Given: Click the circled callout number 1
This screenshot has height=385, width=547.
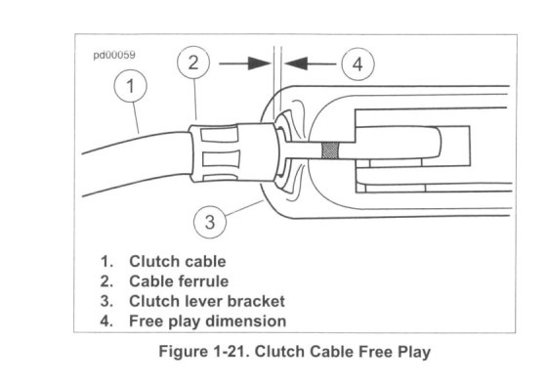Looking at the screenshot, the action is click(x=131, y=86).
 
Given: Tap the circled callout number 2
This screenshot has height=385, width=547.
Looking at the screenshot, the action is click(x=193, y=63).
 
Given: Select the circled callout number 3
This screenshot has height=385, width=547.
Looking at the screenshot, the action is click(x=210, y=222).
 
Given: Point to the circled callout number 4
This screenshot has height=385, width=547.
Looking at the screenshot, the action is click(x=358, y=64).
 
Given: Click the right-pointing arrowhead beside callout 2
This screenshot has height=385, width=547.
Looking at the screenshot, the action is click(x=260, y=64).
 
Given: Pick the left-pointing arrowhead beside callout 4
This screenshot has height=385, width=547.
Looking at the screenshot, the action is click(x=296, y=64).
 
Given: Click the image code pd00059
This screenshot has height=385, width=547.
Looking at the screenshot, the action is click(x=114, y=55).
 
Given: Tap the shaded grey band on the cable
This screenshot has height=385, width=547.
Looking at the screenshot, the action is click(x=330, y=150).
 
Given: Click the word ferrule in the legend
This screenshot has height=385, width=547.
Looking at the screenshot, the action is click(x=204, y=281).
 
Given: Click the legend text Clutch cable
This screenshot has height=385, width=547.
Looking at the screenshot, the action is click(x=178, y=262).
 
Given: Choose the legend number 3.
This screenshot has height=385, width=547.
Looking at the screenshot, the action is click(x=106, y=301).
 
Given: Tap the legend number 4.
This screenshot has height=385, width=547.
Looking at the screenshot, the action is click(x=106, y=321).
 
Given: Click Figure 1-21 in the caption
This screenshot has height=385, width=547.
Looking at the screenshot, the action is click(x=204, y=352).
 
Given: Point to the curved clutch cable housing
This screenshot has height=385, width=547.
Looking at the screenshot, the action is click(x=137, y=163).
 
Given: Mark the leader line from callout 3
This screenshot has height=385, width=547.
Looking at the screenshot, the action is click(x=244, y=208).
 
